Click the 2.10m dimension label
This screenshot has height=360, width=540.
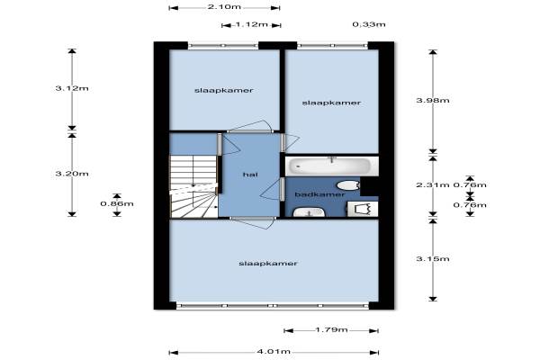pos(224,7)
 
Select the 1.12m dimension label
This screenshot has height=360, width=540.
pos(251,24)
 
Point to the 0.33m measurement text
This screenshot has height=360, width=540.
pos(369,24)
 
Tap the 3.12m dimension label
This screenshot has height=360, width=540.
pos(72,88)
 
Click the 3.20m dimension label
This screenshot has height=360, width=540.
pos(72,174)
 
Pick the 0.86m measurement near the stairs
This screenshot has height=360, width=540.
pos(117,204)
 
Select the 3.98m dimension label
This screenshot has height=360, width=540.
pos(433,101)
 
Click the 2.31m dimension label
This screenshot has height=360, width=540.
pos(433,185)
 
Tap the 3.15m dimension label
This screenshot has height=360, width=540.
pos(433,258)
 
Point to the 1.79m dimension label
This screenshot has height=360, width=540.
pos(331,329)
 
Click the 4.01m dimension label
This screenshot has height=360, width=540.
pos(274,351)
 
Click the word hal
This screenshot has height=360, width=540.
pos(250,175)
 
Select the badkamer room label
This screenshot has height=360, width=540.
pos(319,194)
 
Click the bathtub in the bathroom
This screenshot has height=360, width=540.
pos(331,166)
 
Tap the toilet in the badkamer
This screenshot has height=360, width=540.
pos(348,185)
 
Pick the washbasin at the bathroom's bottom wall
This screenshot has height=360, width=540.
pos(309,211)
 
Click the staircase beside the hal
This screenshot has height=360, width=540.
pos(193,186)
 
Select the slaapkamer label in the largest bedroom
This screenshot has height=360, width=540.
pos(268,264)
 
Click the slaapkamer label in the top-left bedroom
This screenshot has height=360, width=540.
pos(223,91)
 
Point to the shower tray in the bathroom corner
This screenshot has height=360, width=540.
pos(363,209)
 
